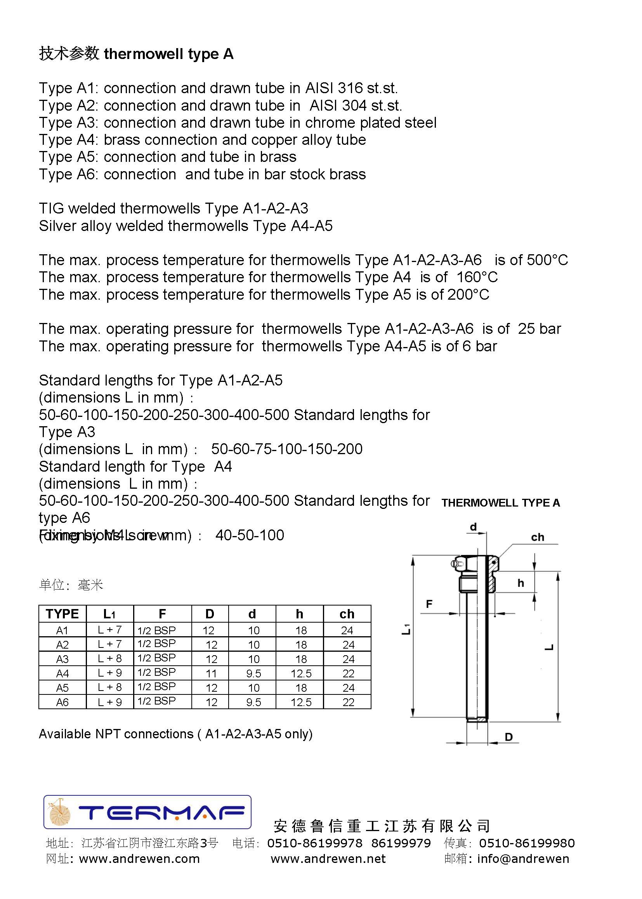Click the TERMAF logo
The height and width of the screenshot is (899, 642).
pos(147,812)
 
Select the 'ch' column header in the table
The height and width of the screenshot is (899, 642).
pos(347,614)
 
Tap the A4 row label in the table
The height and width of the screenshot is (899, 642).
pos(62,673)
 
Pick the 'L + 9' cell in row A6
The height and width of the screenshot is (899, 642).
pos(109,702)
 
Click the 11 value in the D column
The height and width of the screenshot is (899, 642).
pos(211,673)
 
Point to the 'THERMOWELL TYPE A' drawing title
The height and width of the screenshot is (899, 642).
pos(500,503)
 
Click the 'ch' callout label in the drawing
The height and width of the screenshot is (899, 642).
pos(537,537)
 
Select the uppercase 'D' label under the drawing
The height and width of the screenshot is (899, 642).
pos(509,737)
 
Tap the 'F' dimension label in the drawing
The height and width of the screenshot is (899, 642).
pos(429,604)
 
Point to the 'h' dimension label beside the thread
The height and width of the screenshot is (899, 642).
pos(521,583)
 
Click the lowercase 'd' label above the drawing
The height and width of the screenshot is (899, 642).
pos(473,527)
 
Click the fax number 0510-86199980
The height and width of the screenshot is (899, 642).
pos(527,843)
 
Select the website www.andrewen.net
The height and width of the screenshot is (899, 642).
pos(328,859)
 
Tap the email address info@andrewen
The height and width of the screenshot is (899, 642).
pos(523,859)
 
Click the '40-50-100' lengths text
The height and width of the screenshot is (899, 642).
pos(250,535)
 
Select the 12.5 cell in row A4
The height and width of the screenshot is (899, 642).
pos(301,673)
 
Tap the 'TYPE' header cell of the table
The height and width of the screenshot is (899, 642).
pos(62,614)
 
